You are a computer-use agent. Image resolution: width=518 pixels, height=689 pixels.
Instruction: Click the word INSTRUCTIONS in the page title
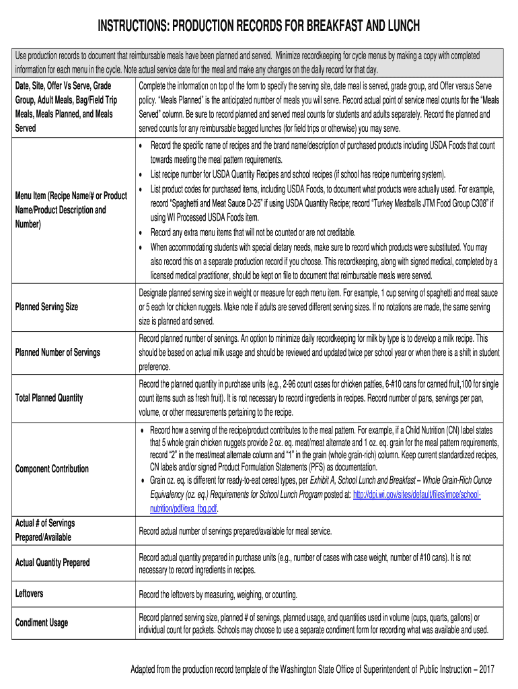point(132,26)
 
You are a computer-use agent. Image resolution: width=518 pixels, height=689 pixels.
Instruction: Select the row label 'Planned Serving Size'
point(46,307)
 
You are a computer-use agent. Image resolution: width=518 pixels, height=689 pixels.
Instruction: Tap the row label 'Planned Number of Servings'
point(57,353)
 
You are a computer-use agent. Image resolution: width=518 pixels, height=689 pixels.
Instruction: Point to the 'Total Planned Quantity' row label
point(48,398)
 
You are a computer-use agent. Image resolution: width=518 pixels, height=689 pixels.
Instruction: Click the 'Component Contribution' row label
point(51,469)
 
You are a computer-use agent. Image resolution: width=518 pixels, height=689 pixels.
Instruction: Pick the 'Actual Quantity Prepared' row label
point(52,563)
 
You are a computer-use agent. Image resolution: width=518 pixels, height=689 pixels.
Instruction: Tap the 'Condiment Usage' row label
point(41,623)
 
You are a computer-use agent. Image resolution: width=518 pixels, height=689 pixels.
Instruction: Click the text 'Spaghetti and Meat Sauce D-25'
point(225,203)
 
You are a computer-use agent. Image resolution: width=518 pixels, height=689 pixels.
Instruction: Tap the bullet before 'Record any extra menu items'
point(141,233)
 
